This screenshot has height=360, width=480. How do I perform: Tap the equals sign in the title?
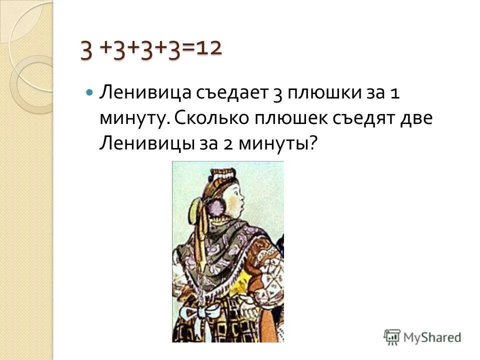click(x=189, y=50)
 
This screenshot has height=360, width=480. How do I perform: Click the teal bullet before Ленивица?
click(x=89, y=93)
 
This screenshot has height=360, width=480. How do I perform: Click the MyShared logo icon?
click(x=392, y=336)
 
